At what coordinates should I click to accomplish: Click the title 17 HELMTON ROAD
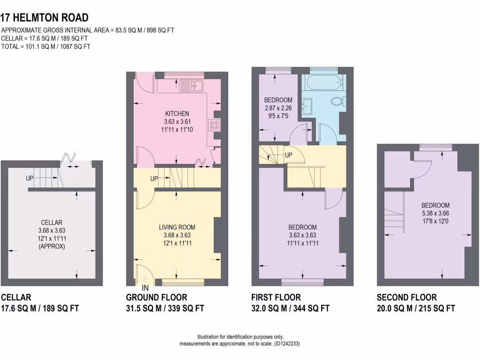coord(45,18)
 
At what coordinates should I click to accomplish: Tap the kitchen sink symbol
coord(191,85)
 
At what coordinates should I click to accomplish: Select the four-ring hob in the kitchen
coord(215,126)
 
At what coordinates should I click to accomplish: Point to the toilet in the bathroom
coord(337,101)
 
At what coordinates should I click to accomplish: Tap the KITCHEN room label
coord(177,113)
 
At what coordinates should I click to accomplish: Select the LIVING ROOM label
coord(177,227)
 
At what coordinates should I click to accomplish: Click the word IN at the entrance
coord(145,287)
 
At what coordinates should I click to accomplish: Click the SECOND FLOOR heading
coord(406,297)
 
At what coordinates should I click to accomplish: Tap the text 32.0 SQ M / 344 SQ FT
coord(290,308)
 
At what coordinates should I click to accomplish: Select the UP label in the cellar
coord(30,179)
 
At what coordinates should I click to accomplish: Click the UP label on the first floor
coord(289,155)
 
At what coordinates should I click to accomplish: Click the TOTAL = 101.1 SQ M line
coord(46,46)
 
